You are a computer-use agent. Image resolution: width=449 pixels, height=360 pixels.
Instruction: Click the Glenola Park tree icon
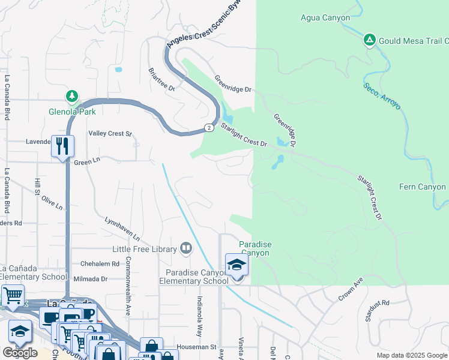pos(72,96)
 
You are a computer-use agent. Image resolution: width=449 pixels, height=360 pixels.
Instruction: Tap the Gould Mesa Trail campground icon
pos(370,40)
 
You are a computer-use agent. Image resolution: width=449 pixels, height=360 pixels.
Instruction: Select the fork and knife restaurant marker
pos(62,145)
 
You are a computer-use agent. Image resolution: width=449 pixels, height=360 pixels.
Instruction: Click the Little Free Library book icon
pos(186,248)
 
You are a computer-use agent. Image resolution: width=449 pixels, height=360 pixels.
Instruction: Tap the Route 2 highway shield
pos(208,127)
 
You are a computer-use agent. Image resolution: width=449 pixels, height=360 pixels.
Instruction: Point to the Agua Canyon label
pos(325,18)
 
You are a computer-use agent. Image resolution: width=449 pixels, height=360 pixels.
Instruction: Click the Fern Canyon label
pos(423,187)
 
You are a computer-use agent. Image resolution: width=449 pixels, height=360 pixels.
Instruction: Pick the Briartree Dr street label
pos(161,79)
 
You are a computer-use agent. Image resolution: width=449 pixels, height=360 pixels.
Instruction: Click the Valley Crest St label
pos(110,134)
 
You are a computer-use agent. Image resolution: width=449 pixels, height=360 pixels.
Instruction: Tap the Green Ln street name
pos(86,162)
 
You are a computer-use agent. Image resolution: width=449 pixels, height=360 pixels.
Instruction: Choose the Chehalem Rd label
pos(100,264)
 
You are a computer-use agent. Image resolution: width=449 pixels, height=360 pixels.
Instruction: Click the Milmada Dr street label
pos(90,279)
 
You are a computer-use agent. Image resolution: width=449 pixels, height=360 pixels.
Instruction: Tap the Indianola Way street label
pos(200,315)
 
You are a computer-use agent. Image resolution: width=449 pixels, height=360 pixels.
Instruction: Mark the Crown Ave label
pos(351,289)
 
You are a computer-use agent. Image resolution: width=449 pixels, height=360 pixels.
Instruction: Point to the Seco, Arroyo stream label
pos(382,95)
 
